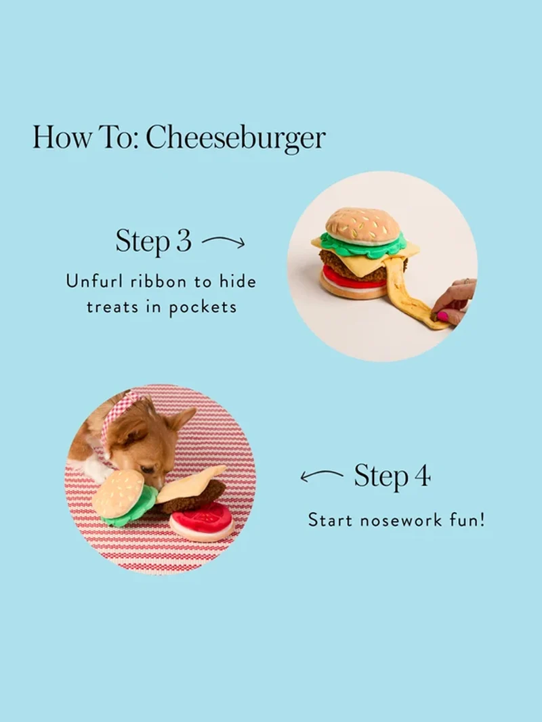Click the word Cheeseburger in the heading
pos(236,137)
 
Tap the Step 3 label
pos(153,241)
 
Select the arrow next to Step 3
pos(223,242)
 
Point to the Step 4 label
pos(392,476)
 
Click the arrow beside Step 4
pos(322,476)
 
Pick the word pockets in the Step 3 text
pos(203,307)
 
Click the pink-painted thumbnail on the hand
pos(442,316)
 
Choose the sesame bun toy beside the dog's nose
pos(119,493)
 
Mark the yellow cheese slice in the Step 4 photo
pos(190,484)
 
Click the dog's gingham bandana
pos(113,424)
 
